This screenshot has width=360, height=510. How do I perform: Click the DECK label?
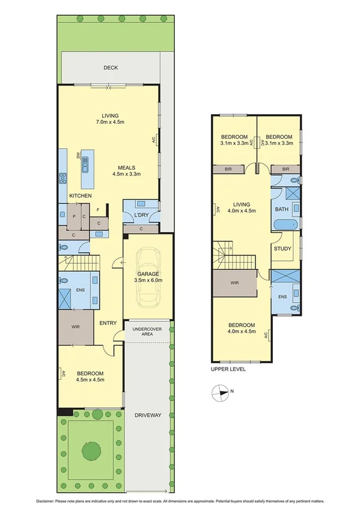coord(110,68)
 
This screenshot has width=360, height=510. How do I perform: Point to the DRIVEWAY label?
coord(148,414)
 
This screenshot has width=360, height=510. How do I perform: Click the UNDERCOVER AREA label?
coord(148,331)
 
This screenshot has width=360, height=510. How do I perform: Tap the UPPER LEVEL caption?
coord(228,369)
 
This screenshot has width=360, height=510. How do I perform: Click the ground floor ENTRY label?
coord(108,323)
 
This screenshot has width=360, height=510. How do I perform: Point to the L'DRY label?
coord(141,215)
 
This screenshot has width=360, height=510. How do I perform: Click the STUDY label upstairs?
coord(282,248)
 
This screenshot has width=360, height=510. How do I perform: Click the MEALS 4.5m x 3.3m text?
coord(126,171)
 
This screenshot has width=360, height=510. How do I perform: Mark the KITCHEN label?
coord(80,197)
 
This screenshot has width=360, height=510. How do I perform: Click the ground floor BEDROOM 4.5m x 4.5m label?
coord(91,376)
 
